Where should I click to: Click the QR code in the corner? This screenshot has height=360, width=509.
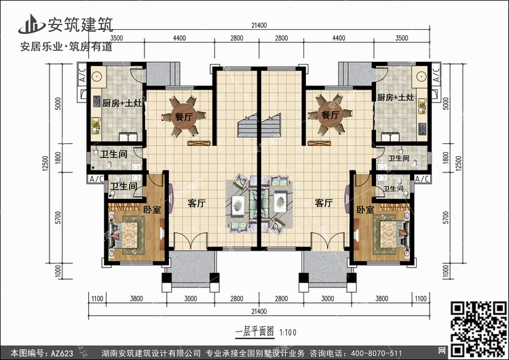[x=478, y=328]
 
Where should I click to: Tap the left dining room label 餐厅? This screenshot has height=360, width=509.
[x=184, y=116]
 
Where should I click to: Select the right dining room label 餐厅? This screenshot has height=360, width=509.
[x=330, y=115]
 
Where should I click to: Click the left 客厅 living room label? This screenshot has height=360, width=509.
[x=197, y=203]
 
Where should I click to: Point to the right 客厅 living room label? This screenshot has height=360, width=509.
[x=324, y=203]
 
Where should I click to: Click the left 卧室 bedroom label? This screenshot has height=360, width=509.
[x=152, y=210]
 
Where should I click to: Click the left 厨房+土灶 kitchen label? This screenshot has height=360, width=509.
[x=122, y=104]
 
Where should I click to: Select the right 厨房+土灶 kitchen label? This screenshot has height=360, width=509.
[x=396, y=97]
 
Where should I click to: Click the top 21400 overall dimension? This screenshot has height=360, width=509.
[x=259, y=25]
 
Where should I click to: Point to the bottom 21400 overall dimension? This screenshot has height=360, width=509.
[x=259, y=311]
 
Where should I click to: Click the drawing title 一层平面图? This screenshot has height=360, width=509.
[x=254, y=331]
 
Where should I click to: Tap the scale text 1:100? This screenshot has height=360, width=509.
[x=288, y=332]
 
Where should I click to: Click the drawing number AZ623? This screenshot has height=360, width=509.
[x=62, y=353]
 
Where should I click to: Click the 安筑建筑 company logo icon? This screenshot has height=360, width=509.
[x=31, y=24]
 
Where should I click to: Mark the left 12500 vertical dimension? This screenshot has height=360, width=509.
[x=45, y=163]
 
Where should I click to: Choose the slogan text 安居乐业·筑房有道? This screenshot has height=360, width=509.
[x=67, y=47]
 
